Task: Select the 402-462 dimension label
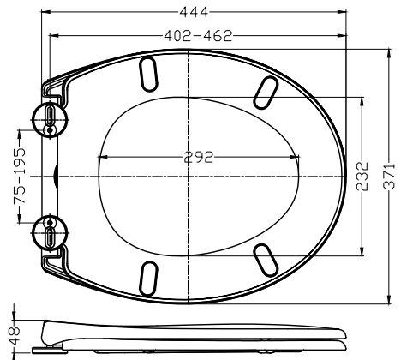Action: click(x=198, y=36)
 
